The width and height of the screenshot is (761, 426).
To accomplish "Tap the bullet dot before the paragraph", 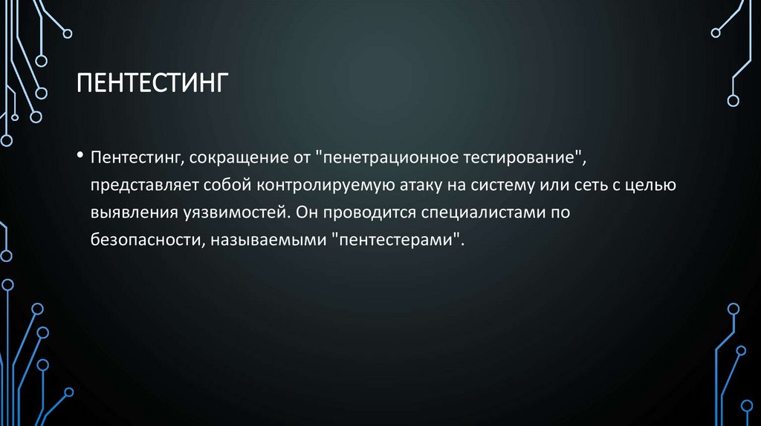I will (80, 157).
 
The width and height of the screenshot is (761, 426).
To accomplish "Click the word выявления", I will (126, 214).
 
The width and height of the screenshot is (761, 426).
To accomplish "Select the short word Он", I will (305, 214).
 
